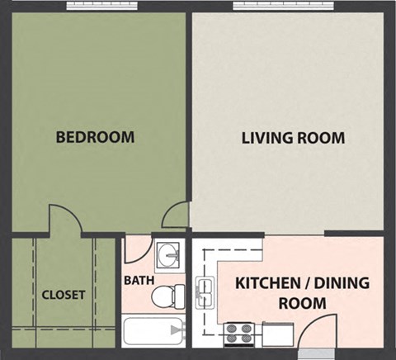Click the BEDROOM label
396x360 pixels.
(x=95, y=137)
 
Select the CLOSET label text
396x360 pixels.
(x=64, y=295)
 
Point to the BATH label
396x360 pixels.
(x=139, y=280)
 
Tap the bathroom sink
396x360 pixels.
(x=168, y=254)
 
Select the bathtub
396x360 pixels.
(x=153, y=334)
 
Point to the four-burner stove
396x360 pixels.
(x=239, y=334)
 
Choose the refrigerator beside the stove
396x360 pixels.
(x=279, y=334)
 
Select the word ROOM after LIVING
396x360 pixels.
(x=320, y=137)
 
